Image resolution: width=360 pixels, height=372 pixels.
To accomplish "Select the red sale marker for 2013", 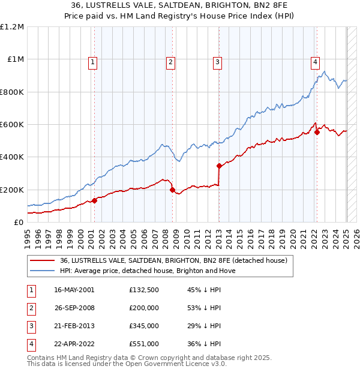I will tap(219, 166).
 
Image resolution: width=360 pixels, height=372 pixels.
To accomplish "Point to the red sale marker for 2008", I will tap(172, 190).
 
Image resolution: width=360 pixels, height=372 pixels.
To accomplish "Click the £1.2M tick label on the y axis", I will tap(12, 26).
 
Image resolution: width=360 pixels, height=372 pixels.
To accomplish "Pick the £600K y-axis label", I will tap(12, 124).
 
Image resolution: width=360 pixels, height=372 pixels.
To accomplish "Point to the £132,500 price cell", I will tap(144, 290).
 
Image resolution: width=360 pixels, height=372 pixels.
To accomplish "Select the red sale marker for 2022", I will tap(317, 132).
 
